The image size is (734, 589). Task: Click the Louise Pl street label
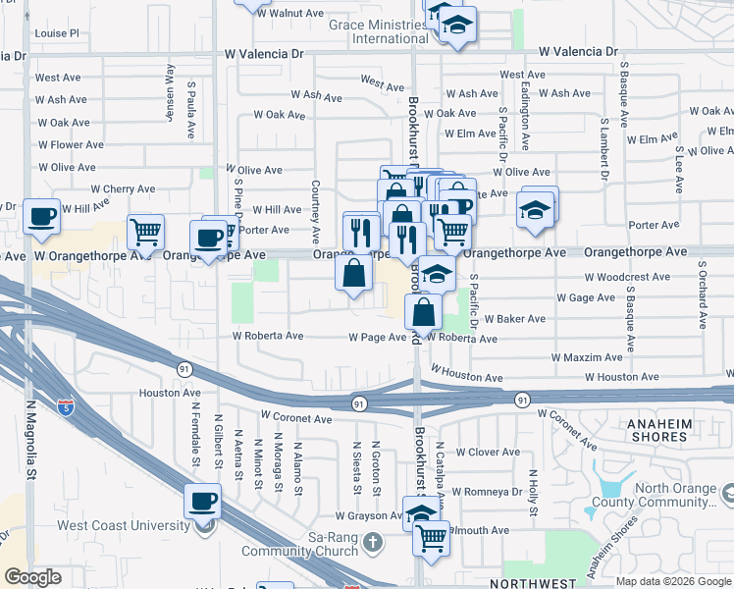(56, 33)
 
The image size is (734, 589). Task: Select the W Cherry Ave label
(123, 189)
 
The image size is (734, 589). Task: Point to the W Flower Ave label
(70, 145)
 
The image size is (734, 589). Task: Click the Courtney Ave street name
(316, 212)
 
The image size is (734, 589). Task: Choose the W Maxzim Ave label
(587, 358)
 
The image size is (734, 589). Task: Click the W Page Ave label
(378, 338)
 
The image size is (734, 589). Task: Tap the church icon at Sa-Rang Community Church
(373, 542)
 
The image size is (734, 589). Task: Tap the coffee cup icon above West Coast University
(203, 501)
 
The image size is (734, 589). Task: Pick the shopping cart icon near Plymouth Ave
(432, 537)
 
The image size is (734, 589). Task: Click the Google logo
(32, 577)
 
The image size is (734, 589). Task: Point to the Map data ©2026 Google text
(673, 581)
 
